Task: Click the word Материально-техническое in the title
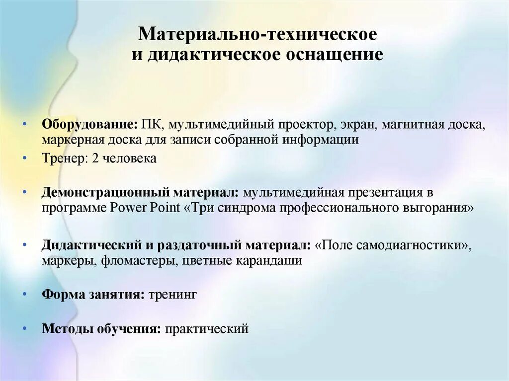click(x=257, y=34)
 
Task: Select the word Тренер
click(x=60, y=158)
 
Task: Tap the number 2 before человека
click(x=94, y=158)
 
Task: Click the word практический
click(x=207, y=328)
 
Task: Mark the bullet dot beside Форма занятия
click(x=24, y=294)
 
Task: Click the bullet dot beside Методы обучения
click(x=24, y=328)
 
